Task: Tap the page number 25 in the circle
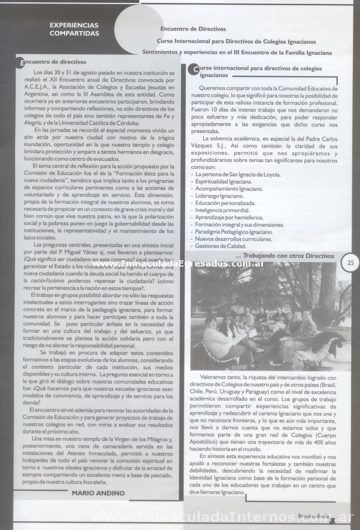[x=350, y=262]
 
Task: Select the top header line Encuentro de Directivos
[x=193, y=29]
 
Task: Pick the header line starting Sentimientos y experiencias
[x=237, y=52]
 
